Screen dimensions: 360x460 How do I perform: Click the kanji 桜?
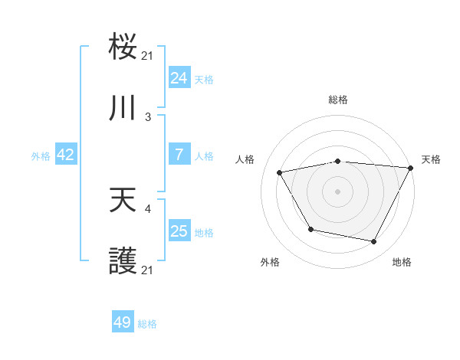[x=123, y=47]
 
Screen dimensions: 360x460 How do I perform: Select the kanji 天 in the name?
[x=123, y=201]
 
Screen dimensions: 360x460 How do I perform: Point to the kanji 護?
[x=123, y=262]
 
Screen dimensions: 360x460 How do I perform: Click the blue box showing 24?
[x=179, y=77]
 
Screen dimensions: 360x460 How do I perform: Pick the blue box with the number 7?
[x=179, y=155]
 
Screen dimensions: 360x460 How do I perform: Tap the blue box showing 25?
[x=179, y=231]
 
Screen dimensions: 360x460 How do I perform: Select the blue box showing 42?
[x=66, y=155]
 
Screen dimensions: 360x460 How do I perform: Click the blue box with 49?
[x=123, y=322]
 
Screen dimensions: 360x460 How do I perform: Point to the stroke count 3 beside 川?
[x=148, y=116]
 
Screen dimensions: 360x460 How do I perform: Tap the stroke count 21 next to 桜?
[x=148, y=55]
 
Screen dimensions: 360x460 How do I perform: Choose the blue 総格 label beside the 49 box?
[x=147, y=324]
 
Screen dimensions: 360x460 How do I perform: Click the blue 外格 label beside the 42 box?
[x=41, y=155]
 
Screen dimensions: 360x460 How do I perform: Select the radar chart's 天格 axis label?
[x=431, y=159]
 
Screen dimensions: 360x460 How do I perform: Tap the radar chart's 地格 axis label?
[x=402, y=262]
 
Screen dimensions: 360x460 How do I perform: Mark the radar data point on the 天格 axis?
[x=411, y=168]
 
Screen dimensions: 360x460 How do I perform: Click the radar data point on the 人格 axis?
[x=280, y=173]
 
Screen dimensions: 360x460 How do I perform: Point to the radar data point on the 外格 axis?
[x=310, y=229]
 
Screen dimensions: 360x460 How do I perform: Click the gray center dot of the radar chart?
[x=337, y=191]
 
